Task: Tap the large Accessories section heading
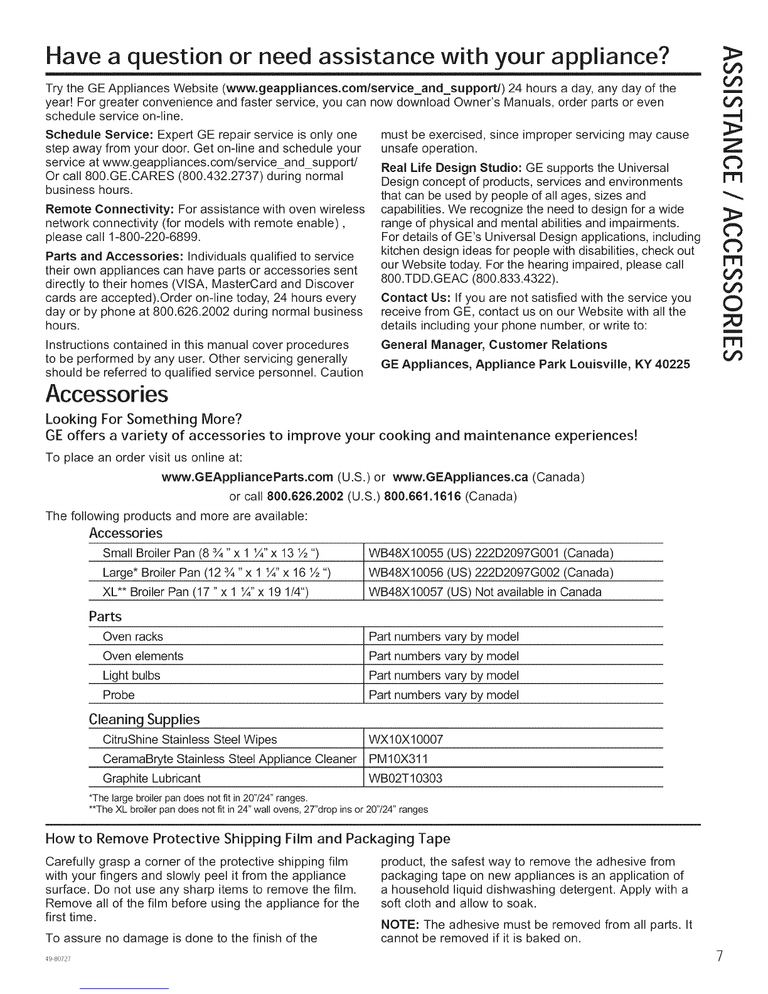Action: click(x=107, y=395)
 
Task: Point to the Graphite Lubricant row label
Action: click(x=151, y=778)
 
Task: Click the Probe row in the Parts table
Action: click(x=119, y=695)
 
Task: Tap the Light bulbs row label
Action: click(x=131, y=675)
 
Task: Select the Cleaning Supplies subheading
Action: click(x=144, y=719)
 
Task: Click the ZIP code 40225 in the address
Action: click(x=672, y=364)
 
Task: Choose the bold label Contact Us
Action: click(x=416, y=297)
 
